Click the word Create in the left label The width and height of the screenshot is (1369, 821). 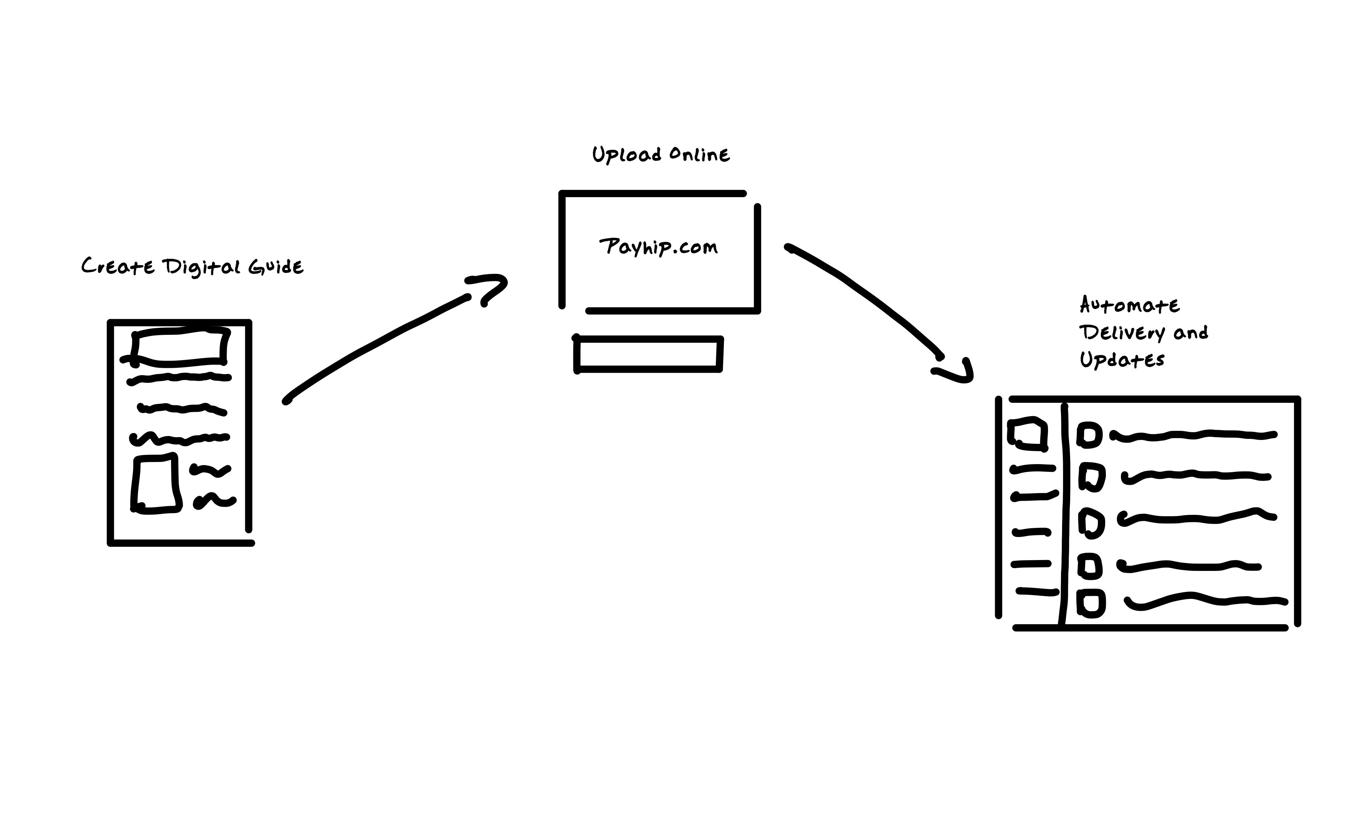point(118,267)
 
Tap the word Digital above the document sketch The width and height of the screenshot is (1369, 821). point(201,268)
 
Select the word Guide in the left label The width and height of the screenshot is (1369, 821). point(275,267)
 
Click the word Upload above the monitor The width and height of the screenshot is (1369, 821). point(627,155)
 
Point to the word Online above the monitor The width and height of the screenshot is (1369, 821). point(699,154)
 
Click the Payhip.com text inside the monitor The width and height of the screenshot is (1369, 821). point(658,247)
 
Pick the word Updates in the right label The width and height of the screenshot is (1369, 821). point(1122,360)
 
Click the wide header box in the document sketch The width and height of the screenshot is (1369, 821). point(179,347)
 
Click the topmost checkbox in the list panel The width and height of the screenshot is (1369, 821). point(1089,435)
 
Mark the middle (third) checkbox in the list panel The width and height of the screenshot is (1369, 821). point(1091,523)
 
